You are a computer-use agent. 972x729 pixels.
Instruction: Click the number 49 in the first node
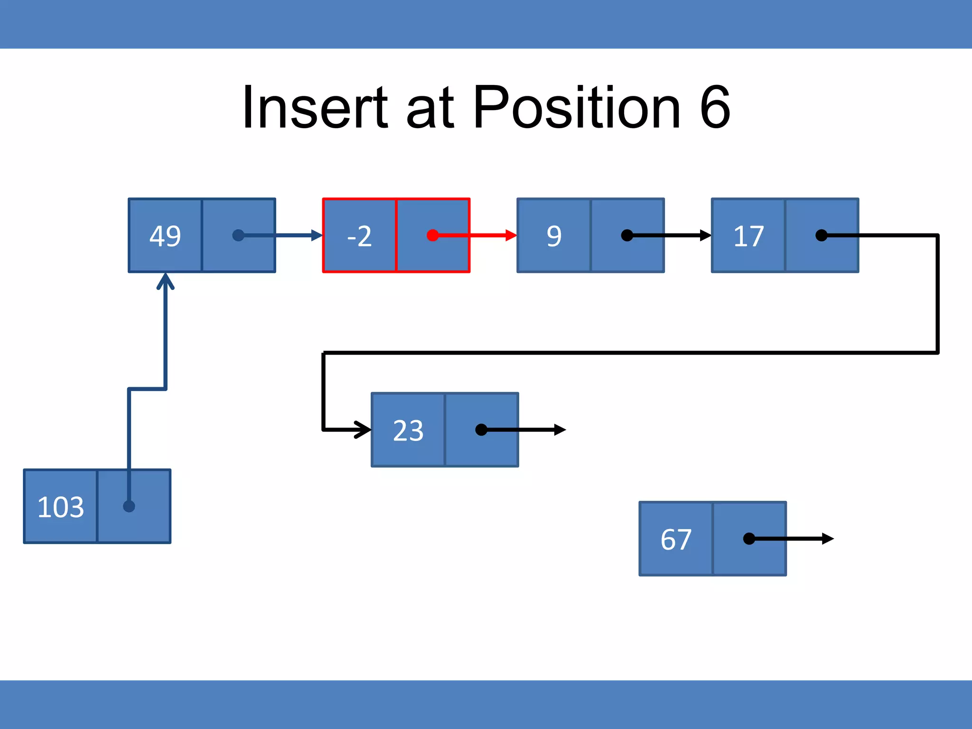tap(165, 236)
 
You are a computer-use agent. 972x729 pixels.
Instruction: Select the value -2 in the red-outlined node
tap(359, 236)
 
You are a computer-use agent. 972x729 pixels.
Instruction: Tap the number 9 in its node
tap(554, 236)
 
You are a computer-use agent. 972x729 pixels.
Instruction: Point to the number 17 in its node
tap(748, 236)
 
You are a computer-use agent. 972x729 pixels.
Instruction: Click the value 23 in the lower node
tap(408, 430)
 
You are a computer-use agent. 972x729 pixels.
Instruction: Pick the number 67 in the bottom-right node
tap(676, 539)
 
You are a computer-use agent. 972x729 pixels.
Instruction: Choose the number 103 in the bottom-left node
tap(61, 507)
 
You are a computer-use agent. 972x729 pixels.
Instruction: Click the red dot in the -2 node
tap(432, 235)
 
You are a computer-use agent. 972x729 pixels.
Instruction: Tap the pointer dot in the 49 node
tap(238, 235)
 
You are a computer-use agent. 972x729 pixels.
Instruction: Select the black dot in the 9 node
tap(627, 235)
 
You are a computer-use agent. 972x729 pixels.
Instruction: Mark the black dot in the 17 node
tap(822, 235)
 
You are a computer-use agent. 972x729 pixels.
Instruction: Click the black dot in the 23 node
tap(481, 430)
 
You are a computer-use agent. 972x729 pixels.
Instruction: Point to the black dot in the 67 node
tap(749, 539)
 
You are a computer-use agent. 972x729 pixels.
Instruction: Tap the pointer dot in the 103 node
tap(129, 506)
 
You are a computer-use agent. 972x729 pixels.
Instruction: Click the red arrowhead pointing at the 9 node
tap(511, 235)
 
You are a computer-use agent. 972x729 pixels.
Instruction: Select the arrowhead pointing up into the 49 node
tap(165, 280)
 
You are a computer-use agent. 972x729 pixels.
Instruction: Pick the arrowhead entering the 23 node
tap(364, 430)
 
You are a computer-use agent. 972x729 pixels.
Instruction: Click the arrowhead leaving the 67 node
tap(828, 539)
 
